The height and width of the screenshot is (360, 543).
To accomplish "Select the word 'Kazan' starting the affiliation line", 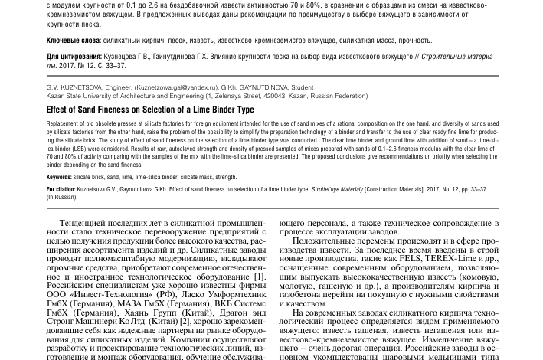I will (x=54, y=97).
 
